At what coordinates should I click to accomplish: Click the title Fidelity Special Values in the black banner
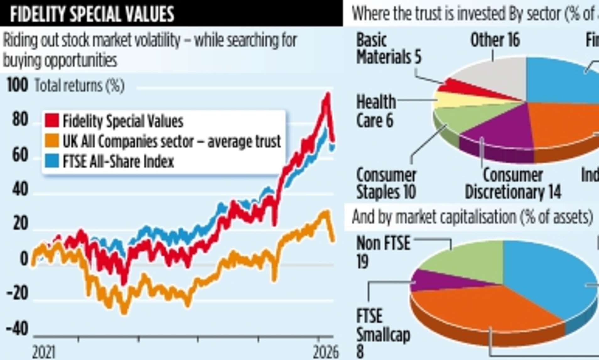point(92,14)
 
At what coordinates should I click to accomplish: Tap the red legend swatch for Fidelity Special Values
point(52,120)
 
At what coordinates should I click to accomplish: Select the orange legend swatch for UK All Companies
point(52,140)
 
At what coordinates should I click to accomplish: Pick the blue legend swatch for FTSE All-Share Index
point(52,161)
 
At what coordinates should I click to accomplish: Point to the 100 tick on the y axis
point(17,85)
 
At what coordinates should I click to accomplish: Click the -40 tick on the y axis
point(17,329)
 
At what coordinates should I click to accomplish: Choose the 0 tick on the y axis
point(24,259)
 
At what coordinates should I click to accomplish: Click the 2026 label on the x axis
point(326,352)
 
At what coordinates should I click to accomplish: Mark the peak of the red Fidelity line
point(327,94)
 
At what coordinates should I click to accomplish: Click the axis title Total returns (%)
point(79,85)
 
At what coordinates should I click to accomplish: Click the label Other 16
point(495,40)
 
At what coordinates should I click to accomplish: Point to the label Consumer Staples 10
point(386,183)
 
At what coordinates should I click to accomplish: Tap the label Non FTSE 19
point(383,252)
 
